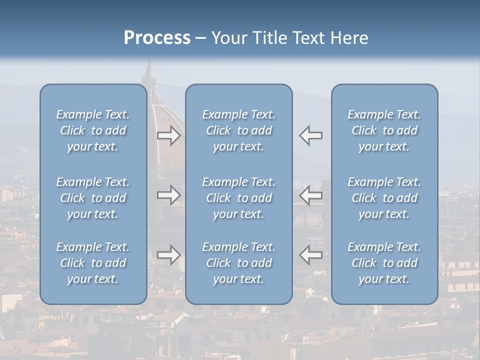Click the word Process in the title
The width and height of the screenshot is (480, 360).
(x=157, y=38)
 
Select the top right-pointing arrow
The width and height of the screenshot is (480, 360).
(x=168, y=135)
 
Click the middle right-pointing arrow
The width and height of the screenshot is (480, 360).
(x=168, y=194)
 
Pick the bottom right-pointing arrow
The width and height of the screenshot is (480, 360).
(x=168, y=255)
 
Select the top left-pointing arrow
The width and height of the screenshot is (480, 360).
(x=311, y=135)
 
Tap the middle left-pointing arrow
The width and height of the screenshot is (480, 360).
(x=311, y=194)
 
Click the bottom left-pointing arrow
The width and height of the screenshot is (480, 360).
(x=311, y=255)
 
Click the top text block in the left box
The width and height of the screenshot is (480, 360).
(x=93, y=130)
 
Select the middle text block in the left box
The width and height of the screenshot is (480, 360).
(x=93, y=198)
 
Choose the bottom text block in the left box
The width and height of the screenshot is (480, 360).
(x=93, y=263)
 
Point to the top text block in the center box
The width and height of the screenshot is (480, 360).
(x=238, y=130)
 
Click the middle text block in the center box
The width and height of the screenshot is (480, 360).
(x=238, y=198)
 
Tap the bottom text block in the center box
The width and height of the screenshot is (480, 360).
(x=238, y=263)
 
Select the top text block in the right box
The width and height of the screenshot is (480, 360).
(x=384, y=130)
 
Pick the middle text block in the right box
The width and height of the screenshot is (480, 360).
(x=384, y=198)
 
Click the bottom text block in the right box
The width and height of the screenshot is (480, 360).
(x=384, y=263)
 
